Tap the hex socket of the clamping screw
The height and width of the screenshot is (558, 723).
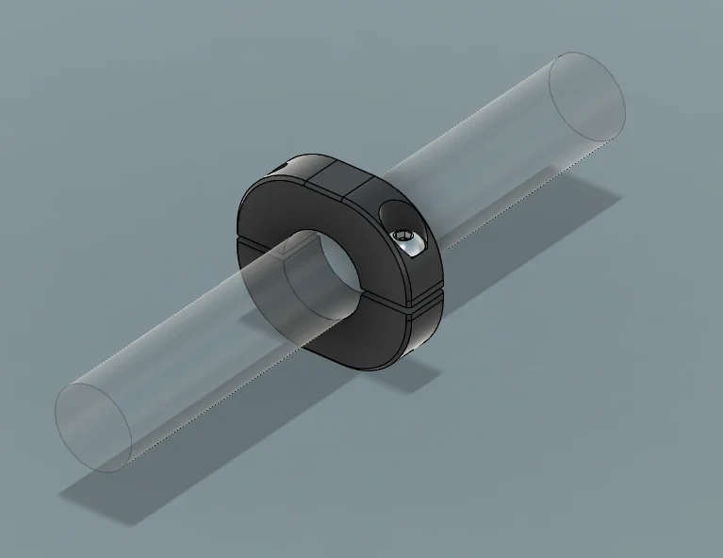pos(403,236)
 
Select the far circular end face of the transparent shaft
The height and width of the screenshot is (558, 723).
pos(586,96)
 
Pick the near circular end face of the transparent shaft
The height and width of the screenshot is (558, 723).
pos(92,427)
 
